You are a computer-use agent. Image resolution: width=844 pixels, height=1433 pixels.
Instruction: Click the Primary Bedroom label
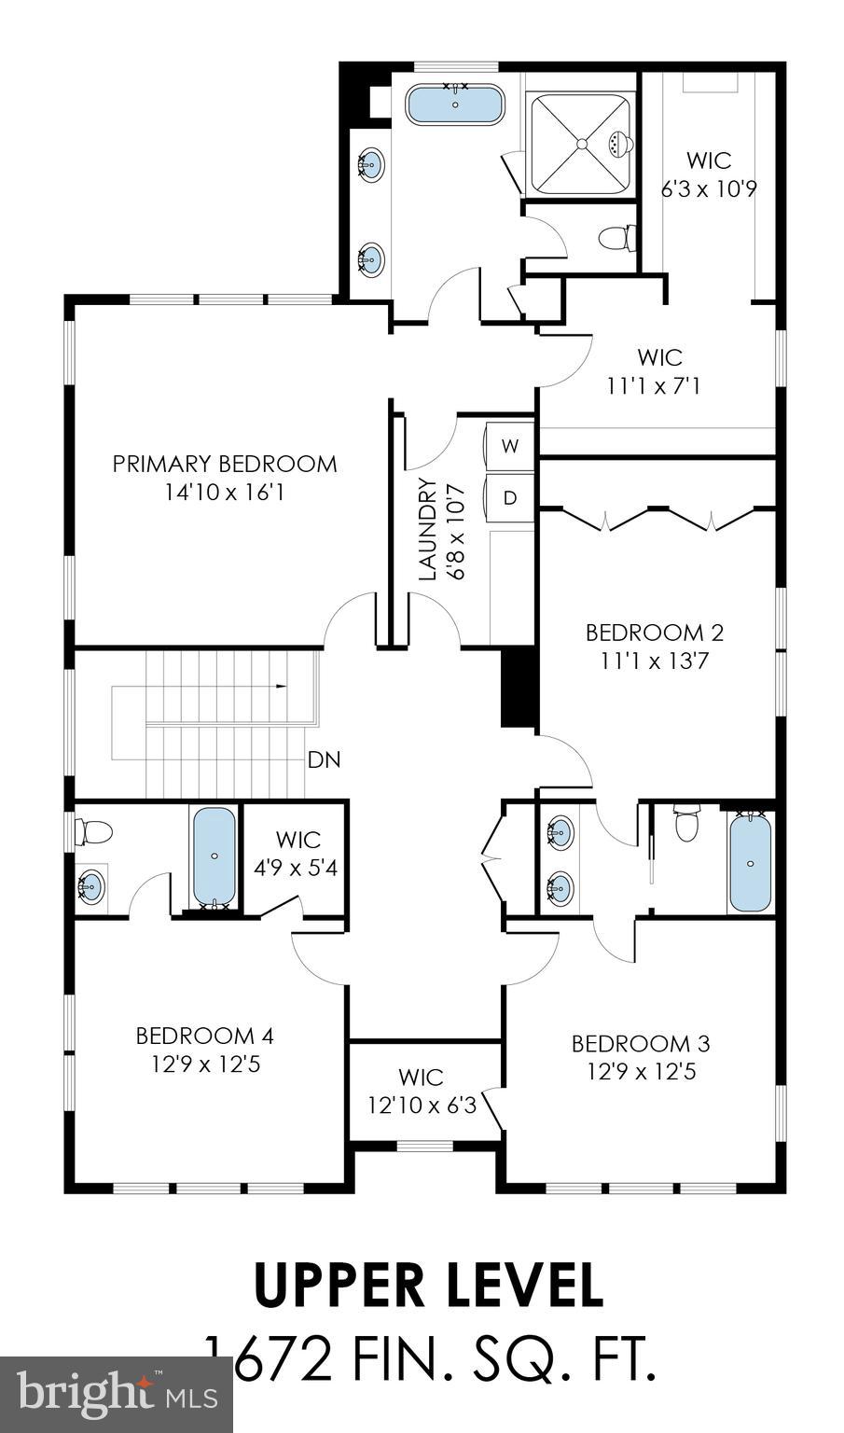(225, 464)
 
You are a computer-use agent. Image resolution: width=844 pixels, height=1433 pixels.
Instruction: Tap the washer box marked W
(510, 445)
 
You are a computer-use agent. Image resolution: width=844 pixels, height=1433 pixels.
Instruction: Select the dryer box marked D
(510, 497)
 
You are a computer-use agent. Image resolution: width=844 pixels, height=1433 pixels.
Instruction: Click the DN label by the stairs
(324, 759)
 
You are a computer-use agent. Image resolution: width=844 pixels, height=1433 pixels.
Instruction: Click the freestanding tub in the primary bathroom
(455, 104)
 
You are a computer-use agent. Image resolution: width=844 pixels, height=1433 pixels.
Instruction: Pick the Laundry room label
(428, 529)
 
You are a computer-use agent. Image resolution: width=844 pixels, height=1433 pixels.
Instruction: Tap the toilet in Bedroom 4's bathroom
(94, 830)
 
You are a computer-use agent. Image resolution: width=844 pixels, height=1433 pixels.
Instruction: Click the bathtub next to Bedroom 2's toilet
(751, 863)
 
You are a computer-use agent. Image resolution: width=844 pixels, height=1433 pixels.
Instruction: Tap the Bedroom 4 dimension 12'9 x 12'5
(205, 1064)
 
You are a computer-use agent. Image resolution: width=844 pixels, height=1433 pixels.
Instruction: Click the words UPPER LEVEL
(428, 1285)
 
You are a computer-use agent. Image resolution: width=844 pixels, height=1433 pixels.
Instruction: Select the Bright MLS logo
(117, 1396)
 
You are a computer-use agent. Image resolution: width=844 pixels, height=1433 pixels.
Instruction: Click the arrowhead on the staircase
(281, 688)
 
